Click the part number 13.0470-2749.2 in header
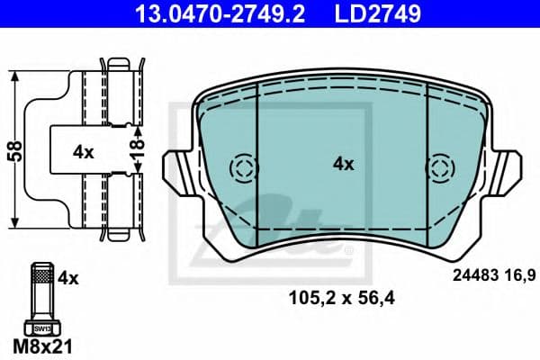coord(220,14)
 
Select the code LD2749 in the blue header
coord(378,14)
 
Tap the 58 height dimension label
coord(15,151)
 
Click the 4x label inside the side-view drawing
coord(83,152)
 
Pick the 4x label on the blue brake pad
coord(343,165)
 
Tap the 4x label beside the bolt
coord(68,278)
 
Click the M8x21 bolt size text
coord(42,346)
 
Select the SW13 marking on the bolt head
coord(42,329)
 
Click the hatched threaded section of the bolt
coord(42,275)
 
